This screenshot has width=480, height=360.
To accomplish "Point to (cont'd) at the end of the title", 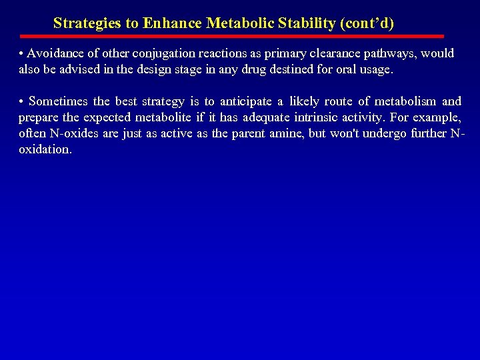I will click(367, 23).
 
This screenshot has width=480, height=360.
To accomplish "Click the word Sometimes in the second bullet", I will click(59, 101).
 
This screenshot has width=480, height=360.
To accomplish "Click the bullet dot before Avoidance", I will click(22, 53).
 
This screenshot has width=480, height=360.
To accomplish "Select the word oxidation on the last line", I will click(44, 149).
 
